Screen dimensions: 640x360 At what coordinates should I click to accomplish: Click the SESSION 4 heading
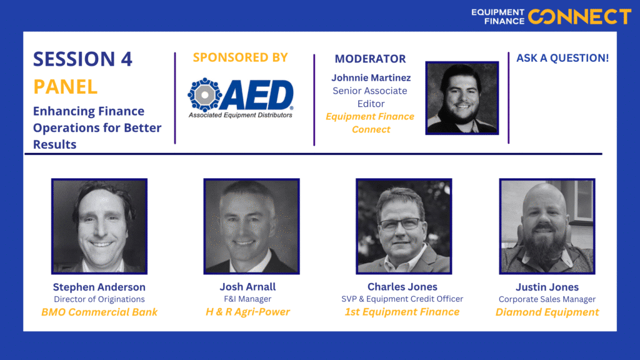coord(83,59)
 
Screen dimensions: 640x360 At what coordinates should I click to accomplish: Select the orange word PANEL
coord(65,86)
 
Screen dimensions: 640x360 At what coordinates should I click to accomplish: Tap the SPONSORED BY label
coord(241,57)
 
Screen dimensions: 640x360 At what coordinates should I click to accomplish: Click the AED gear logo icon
coord(205,94)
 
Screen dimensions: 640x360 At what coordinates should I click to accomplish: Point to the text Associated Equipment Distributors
coord(241,115)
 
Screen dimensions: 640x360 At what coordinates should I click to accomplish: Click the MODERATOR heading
coord(370,59)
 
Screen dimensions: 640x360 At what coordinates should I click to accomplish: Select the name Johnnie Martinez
coord(371,77)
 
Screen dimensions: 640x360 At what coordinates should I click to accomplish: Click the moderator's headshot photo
coord(462,98)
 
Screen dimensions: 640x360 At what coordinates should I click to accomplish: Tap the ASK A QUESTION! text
coord(562,58)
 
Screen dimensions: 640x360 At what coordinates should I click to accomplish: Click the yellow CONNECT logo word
coord(579,17)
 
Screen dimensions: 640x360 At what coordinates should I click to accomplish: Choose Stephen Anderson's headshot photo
coord(99,226)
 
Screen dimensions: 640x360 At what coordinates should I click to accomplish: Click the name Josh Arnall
coord(247,287)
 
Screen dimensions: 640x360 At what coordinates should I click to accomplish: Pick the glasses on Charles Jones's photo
coord(400,224)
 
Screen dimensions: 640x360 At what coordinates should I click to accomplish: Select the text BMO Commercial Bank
coord(99,312)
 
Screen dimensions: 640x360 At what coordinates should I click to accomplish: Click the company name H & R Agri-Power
coord(247,312)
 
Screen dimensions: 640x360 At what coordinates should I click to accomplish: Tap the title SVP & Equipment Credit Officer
coord(402,299)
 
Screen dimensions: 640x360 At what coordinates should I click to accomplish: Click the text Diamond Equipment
coord(547,312)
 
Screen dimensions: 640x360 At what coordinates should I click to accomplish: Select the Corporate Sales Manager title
coord(547,299)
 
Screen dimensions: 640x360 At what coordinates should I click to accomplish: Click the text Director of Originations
coord(99,299)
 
